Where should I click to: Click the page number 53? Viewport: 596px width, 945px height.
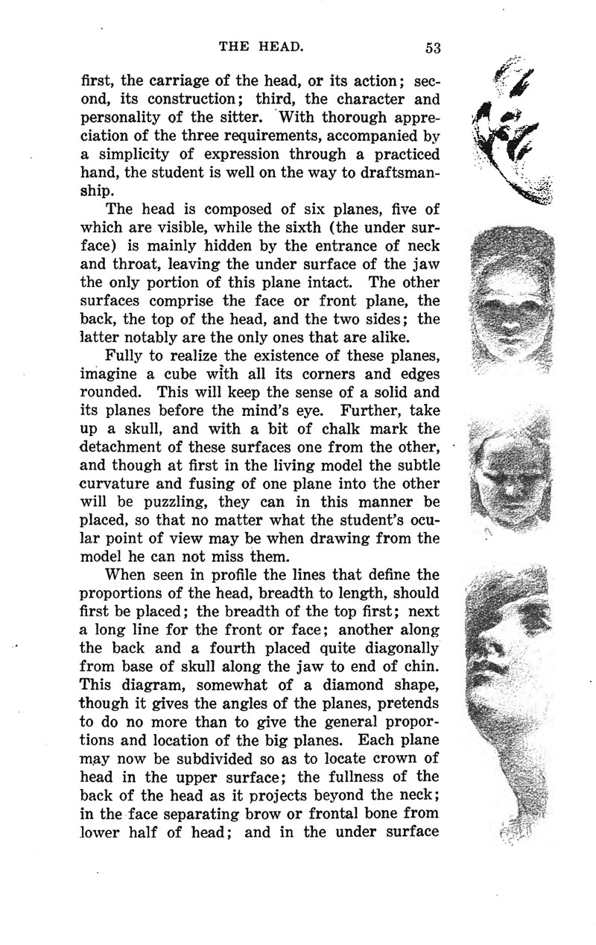(434, 48)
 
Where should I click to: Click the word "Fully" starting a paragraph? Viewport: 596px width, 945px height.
(127, 356)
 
